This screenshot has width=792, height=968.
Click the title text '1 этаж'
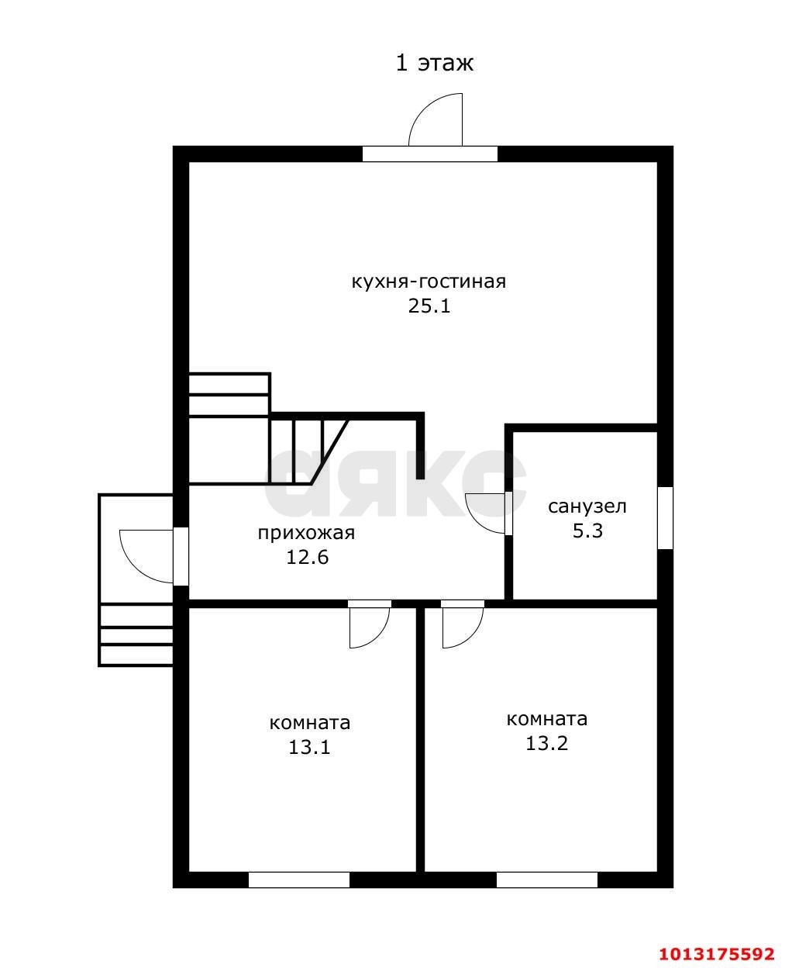click(x=434, y=63)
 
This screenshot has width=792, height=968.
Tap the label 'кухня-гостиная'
click(x=429, y=282)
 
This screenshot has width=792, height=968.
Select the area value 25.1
click(x=429, y=306)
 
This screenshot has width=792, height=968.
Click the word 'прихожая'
click(x=306, y=534)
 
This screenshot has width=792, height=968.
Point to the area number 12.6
click(x=307, y=557)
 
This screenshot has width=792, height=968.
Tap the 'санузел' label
click(x=587, y=506)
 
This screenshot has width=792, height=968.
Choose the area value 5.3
click(x=587, y=531)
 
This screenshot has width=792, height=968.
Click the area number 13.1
click(x=309, y=747)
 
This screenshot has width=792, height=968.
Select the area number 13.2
click(x=546, y=743)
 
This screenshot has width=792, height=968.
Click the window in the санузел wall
click(x=666, y=517)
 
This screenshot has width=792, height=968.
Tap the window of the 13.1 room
click(x=299, y=880)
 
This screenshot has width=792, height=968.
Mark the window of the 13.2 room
click(x=547, y=880)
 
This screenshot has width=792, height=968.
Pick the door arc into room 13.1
click(x=378, y=636)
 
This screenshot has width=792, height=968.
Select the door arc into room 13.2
click(x=471, y=636)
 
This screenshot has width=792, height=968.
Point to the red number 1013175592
click(x=717, y=952)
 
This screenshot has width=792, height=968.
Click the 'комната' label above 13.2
click(x=547, y=719)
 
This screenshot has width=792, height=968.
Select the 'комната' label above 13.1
click(x=310, y=724)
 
